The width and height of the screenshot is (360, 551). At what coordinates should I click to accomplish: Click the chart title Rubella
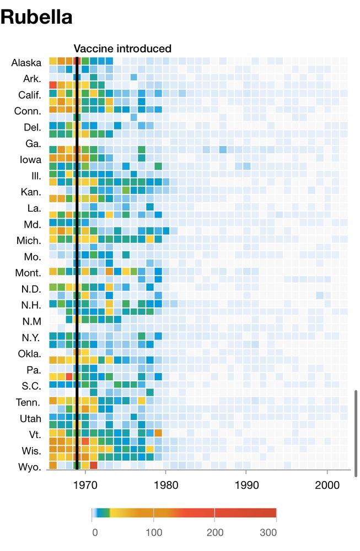coord(36,17)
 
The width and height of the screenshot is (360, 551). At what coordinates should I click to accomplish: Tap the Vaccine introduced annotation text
coord(122,48)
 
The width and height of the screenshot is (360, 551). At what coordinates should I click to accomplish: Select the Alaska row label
coord(26,62)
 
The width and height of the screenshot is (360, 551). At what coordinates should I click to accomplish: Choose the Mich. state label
coord(28,241)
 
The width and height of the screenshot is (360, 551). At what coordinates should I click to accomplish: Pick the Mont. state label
coord(28,273)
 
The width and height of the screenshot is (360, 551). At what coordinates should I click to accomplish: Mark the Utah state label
coord(30,419)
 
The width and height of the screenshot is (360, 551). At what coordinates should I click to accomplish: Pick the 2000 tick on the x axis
coord(327,485)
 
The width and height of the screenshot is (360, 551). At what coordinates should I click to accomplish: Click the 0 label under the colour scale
coord(95,533)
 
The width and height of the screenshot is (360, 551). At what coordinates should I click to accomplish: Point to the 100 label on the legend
coord(154,533)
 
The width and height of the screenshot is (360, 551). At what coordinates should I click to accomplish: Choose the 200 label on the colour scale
coord(214,533)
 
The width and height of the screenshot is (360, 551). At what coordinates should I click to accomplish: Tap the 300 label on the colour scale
coord(268,533)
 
